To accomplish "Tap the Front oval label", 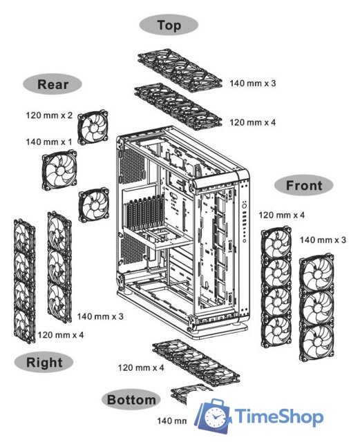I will [303, 185].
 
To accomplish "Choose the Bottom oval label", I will [131, 399].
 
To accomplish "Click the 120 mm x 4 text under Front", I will [281, 215].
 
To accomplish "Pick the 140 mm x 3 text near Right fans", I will [100, 316].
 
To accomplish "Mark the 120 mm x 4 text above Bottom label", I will [141, 367].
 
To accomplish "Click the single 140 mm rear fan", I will [59, 169].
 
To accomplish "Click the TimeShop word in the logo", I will [279, 417].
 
